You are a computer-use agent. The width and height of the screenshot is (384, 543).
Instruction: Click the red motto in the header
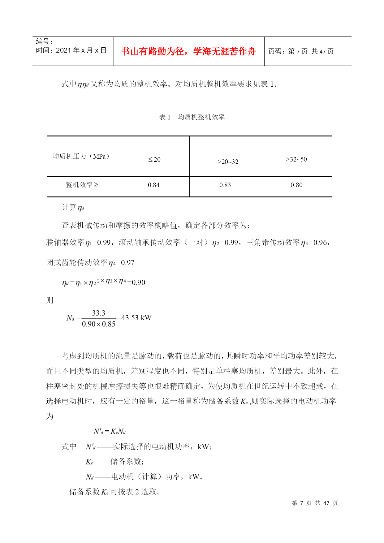(x=188, y=51)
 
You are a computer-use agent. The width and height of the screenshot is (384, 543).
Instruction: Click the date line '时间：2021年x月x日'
(x=71, y=50)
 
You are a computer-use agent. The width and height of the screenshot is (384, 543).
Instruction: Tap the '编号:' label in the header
(x=44, y=41)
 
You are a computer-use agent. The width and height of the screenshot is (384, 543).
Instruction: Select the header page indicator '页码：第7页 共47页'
(x=300, y=51)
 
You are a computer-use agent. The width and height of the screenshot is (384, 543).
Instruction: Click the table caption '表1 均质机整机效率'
(x=192, y=117)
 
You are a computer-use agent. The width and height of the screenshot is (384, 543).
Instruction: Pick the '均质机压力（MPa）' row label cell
(x=81, y=157)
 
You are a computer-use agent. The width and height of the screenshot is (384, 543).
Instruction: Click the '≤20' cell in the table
(x=154, y=160)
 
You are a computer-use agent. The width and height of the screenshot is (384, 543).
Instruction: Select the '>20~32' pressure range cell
(x=228, y=162)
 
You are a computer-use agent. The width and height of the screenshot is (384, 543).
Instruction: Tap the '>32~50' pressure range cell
(x=296, y=159)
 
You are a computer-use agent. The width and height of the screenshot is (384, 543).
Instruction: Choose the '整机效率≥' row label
(x=82, y=185)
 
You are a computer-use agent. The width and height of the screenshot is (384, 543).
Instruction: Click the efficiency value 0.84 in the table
(x=153, y=185)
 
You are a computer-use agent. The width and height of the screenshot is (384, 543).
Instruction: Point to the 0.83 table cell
(x=225, y=185)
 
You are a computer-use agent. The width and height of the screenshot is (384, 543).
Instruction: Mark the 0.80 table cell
(x=296, y=185)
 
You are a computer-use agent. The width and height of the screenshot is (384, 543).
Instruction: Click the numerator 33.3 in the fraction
(x=98, y=313)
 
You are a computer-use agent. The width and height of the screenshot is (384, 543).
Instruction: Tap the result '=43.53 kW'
(x=134, y=318)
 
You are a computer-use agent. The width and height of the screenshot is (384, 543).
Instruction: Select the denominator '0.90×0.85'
(x=98, y=324)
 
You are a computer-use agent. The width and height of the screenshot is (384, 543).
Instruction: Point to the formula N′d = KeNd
(x=110, y=431)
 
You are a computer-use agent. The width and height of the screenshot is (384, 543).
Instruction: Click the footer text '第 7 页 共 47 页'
(x=315, y=503)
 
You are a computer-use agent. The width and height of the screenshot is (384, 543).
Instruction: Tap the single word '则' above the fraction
(x=50, y=300)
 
